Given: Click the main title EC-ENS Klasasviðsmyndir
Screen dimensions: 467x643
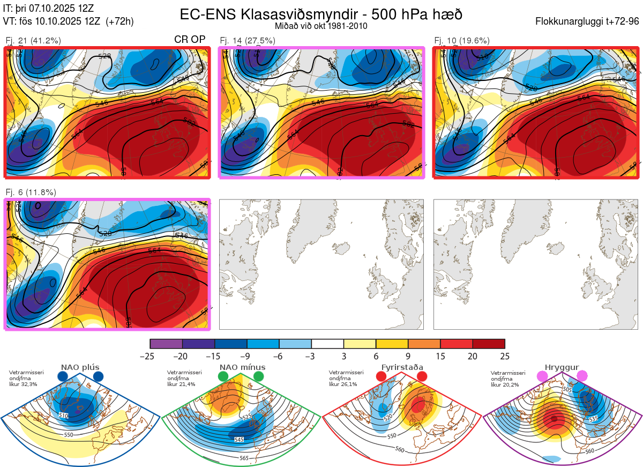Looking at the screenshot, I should click(x=321, y=14).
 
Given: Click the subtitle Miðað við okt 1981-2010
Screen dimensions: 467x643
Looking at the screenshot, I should click(x=321, y=26).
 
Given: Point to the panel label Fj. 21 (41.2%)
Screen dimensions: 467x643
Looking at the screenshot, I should click(x=33, y=40).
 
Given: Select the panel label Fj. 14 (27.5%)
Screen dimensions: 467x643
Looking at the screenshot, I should click(x=248, y=40).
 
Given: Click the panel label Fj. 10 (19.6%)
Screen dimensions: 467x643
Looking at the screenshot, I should click(x=462, y=40).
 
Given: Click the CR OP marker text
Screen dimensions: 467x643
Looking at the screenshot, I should click(x=190, y=40).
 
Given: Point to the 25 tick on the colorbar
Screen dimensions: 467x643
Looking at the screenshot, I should click(x=504, y=356).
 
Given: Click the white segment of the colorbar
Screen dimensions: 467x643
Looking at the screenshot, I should click(x=327, y=344).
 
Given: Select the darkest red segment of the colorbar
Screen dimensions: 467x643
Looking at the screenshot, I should click(x=489, y=344).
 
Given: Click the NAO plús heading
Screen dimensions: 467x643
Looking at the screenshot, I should click(x=80, y=367).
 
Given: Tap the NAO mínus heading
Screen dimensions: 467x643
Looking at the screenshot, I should click(x=242, y=367).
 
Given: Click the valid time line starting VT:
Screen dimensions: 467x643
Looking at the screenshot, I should click(x=68, y=21).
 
